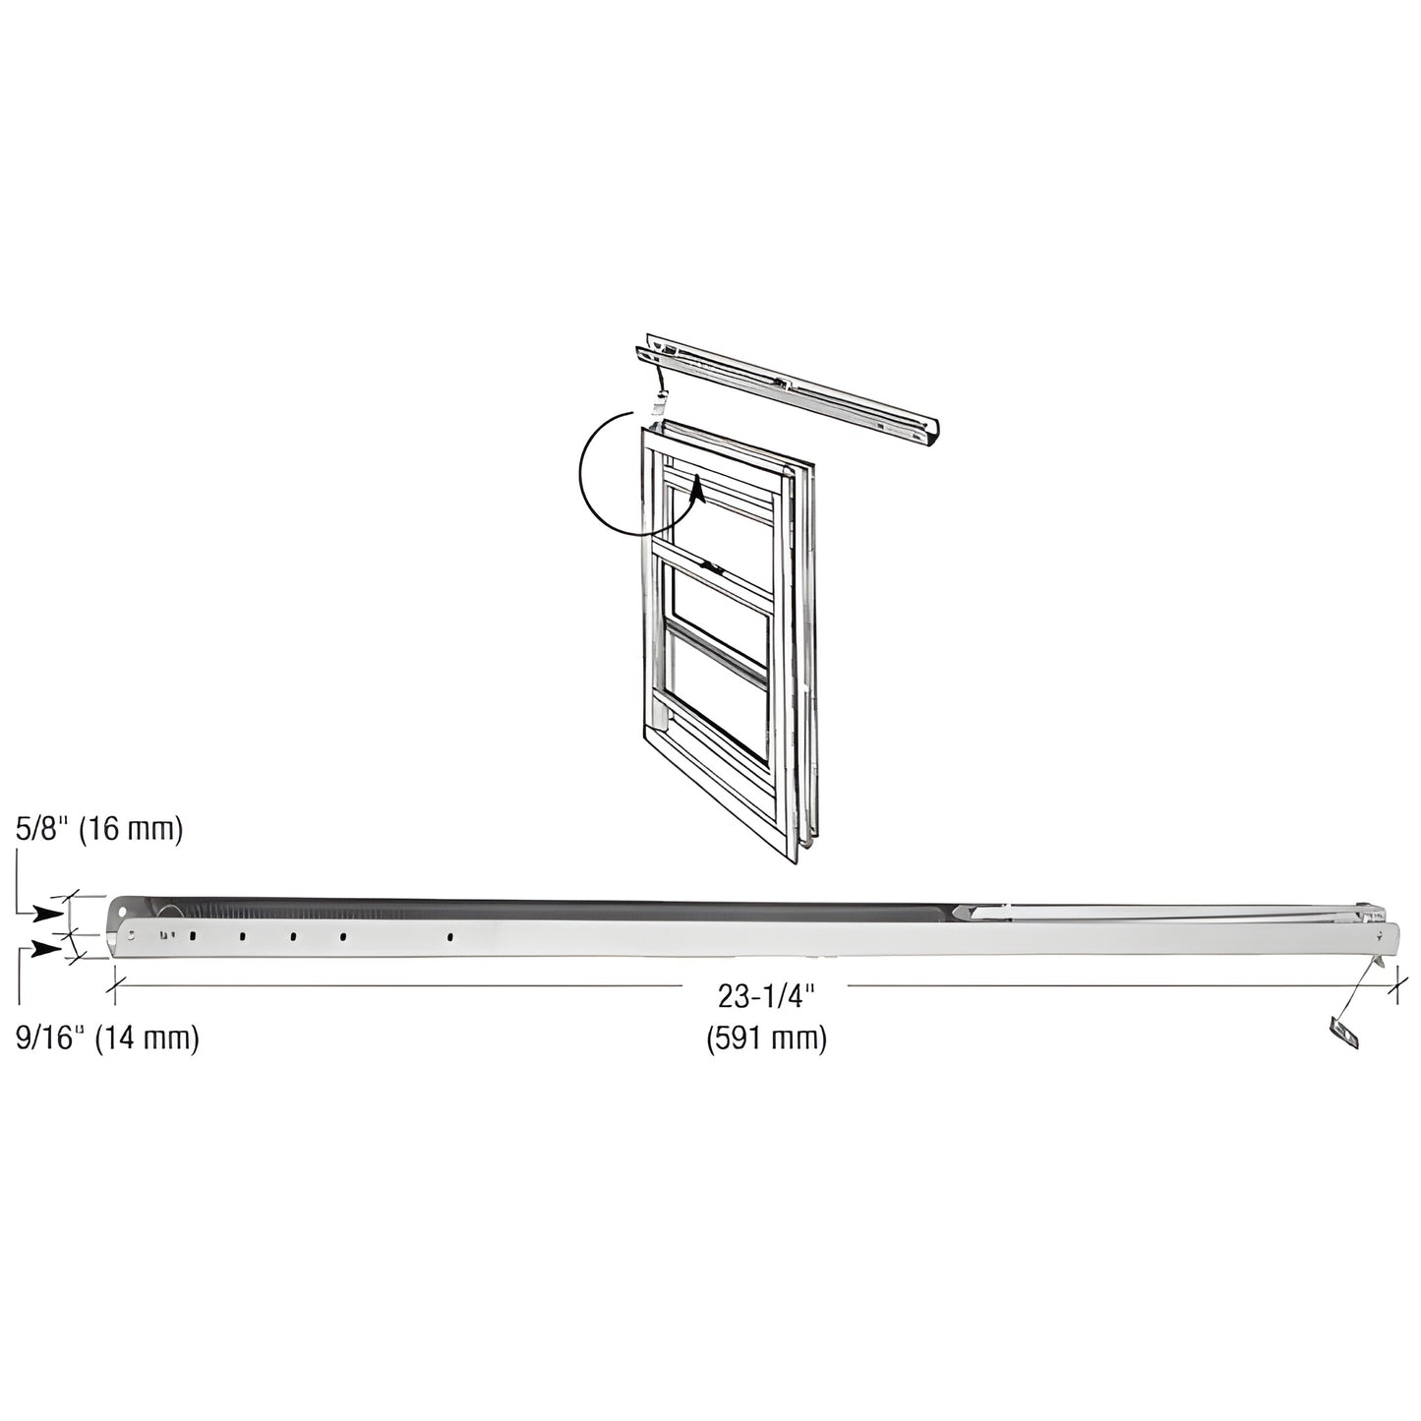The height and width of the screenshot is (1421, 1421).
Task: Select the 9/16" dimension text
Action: tap(47, 1037)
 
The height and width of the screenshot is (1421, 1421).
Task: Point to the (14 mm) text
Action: tap(147, 1037)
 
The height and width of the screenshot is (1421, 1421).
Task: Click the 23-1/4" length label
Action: tap(768, 997)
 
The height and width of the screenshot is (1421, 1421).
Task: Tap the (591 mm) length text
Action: tap(767, 1037)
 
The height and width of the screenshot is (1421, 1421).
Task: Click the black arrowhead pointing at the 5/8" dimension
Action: tap(45, 913)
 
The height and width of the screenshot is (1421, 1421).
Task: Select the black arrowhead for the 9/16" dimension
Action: tap(45, 948)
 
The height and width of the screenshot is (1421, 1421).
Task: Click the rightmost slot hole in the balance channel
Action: tap(449, 937)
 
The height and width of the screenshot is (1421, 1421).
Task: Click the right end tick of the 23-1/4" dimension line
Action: tap(1393, 983)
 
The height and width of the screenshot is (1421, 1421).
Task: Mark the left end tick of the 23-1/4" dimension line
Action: tap(116, 983)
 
